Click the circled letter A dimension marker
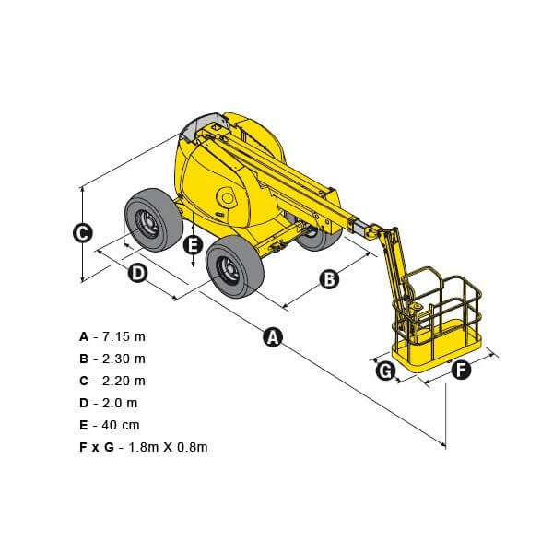273,336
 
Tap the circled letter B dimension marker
329,279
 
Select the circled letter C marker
83,233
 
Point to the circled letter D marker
138,274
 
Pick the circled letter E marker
194,244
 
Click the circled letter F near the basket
461,370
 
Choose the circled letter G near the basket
385,371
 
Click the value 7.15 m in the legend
124,336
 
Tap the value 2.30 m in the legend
124,359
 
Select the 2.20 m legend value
124,381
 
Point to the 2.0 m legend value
120,403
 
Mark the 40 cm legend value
121,425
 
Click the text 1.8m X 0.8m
168,447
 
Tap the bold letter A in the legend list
84,336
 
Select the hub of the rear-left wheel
147,222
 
